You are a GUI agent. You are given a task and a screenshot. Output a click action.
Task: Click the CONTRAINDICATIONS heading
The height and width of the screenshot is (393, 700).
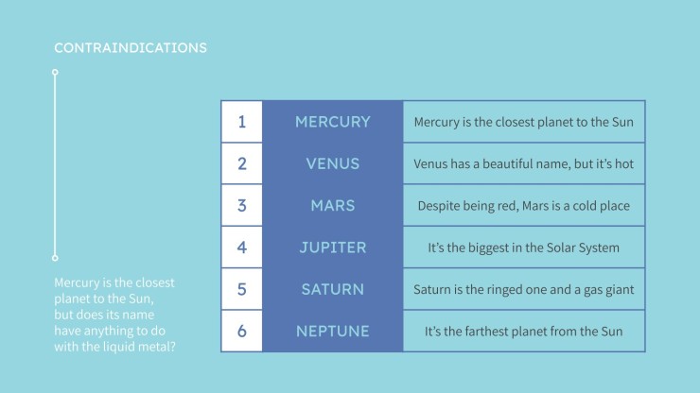tap(131, 48)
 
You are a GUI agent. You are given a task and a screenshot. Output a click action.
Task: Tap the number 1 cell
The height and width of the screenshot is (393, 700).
tap(242, 122)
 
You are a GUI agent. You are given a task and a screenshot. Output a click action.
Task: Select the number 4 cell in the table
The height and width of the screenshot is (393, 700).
tap(242, 248)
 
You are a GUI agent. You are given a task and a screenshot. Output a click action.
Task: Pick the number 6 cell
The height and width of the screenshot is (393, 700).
tap(242, 331)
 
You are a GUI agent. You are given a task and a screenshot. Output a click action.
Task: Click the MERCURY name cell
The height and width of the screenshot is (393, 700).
tap(333, 122)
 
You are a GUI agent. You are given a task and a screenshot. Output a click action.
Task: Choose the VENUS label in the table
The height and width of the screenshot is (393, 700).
tap(333, 163)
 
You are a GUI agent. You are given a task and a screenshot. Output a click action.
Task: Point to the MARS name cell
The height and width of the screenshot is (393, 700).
tap(333, 206)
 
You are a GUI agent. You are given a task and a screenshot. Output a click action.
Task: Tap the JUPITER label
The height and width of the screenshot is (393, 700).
tap(333, 248)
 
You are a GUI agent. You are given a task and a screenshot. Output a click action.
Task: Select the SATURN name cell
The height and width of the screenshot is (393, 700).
tap(333, 289)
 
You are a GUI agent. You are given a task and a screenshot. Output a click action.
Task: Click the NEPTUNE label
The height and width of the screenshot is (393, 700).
tap(333, 331)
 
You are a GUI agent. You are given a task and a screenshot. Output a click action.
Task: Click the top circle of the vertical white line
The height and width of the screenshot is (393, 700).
tap(55, 72)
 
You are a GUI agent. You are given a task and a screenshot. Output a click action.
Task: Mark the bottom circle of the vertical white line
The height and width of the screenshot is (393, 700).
tap(55, 258)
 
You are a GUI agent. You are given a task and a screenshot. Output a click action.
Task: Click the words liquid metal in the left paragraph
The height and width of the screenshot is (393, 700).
tap(135, 347)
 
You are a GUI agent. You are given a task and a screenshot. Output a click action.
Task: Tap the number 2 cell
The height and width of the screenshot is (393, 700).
tap(242, 163)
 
